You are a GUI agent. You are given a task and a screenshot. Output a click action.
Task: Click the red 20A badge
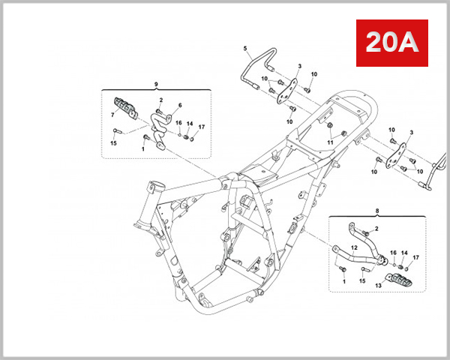tap(390, 43)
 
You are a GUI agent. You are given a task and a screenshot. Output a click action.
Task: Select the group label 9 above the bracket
tap(155, 83)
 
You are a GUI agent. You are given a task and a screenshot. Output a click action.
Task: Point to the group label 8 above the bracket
tap(376, 211)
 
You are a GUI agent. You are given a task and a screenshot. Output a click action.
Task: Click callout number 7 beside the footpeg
tap(113, 115)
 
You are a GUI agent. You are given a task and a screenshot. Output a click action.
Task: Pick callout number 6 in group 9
tap(180, 106)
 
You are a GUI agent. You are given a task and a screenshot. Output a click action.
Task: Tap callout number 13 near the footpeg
tap(378, 285)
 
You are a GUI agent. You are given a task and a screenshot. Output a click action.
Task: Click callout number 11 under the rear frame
tap(330, 142)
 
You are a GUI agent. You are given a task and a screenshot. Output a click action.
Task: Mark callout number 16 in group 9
tap(178, 123)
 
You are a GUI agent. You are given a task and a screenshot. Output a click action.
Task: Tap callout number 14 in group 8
tap(405, 253)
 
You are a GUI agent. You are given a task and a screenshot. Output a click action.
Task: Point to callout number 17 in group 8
tap(417, 257)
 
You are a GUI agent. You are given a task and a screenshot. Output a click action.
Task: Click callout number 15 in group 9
tap(114, 142)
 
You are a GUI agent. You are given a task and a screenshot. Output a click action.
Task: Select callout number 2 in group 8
tap(376, 227)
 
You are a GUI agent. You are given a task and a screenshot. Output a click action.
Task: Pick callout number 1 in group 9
tap(143, 148)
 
